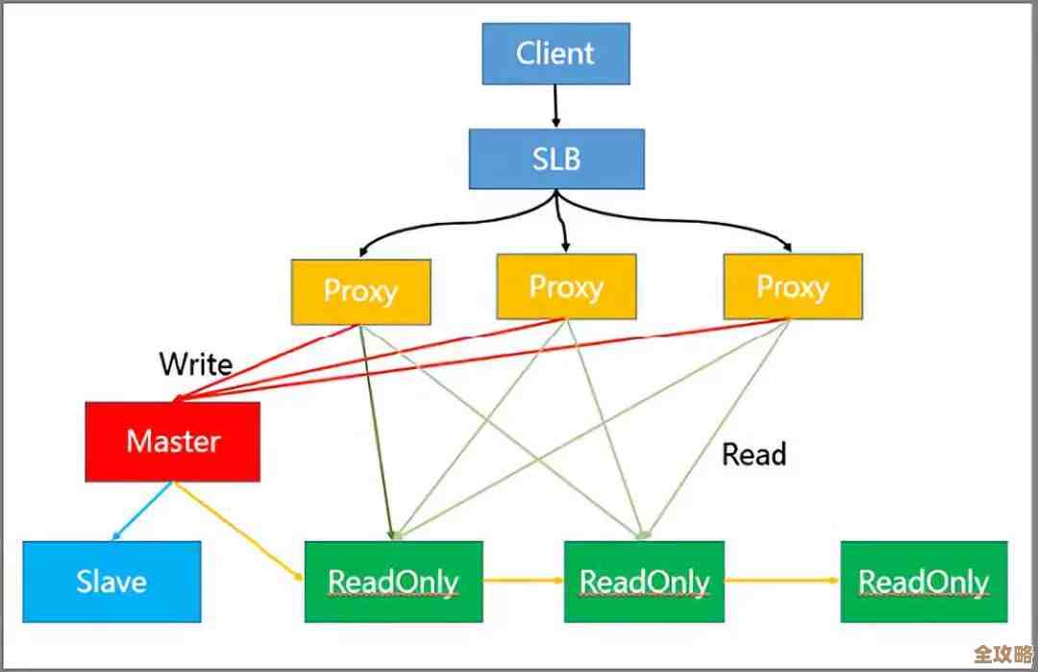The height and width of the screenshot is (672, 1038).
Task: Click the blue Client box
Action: [556, 53]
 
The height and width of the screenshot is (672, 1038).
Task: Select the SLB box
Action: [556, 159]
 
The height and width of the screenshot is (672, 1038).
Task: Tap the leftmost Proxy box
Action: [360, 289]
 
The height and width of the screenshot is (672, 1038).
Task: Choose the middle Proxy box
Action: [566, 286]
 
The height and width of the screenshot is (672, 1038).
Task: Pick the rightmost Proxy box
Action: [793, 286]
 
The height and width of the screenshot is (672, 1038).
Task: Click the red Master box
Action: [173, 441]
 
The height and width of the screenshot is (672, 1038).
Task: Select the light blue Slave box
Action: [111, 582]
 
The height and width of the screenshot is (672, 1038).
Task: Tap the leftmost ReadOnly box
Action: [393, 582]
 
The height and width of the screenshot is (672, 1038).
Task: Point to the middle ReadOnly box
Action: [644, 582]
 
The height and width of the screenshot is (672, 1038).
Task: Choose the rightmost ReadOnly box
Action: [924, 582]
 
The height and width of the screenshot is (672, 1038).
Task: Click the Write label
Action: [195, 364]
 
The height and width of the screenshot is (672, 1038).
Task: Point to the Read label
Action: [754, 454]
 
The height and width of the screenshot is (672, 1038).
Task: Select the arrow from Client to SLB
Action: [556, 106]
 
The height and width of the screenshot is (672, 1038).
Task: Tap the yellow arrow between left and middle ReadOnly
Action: [523, 581]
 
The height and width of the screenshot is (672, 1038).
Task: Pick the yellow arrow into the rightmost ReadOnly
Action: [782, 581]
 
